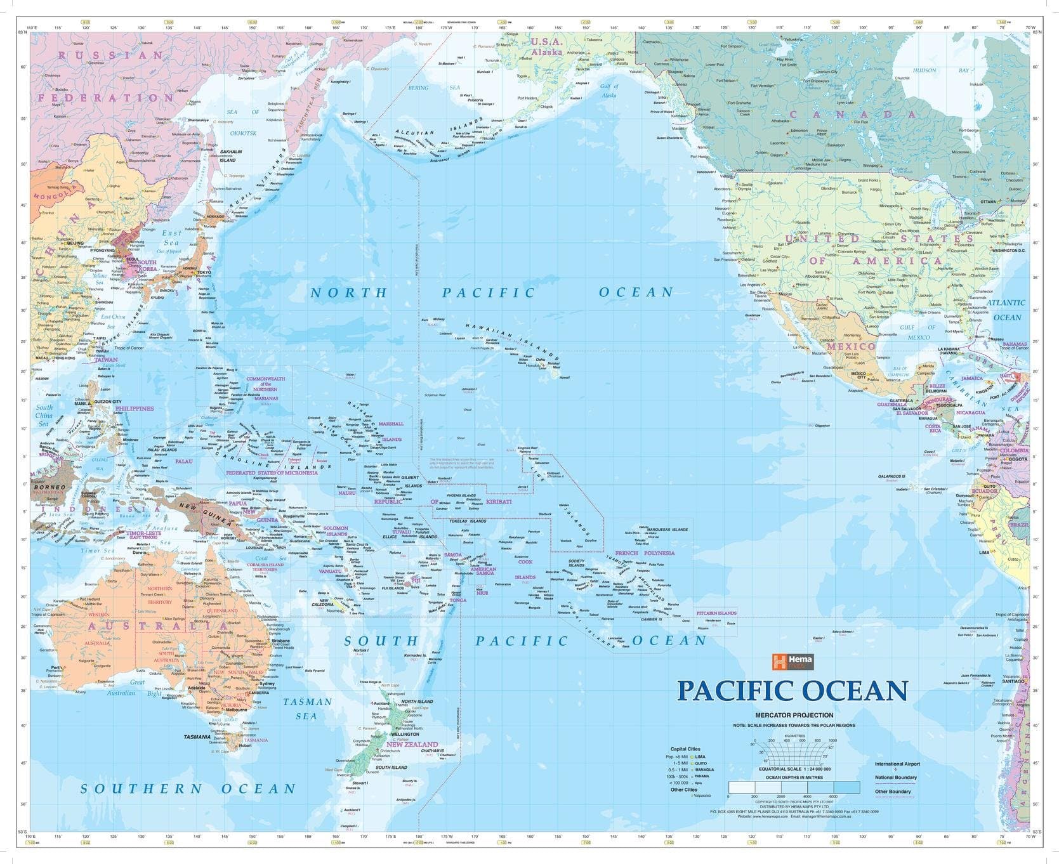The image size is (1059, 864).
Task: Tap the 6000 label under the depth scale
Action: tap(832, 796)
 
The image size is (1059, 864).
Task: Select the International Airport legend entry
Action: tap(897, 764)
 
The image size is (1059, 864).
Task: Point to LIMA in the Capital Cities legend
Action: tap(701, 757)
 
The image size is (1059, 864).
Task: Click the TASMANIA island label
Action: tap(197, 737)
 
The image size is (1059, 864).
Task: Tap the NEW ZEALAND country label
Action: tap(412, 744)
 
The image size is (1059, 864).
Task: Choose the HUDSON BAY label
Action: tap(941, 70)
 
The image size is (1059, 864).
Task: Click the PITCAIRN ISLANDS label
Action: tap(716, 613)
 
